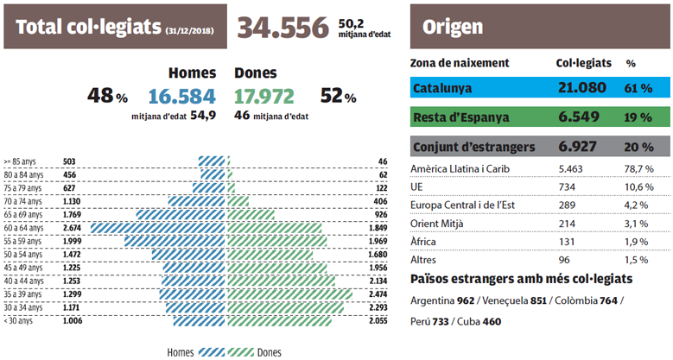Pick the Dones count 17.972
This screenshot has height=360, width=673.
coord(264,96)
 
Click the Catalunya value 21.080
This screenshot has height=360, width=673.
coord(584,89)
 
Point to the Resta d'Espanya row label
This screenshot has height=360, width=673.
coord(460,117)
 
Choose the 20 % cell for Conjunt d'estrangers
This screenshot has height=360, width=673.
coord(638,146)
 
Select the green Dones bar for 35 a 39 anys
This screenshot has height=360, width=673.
coord(290,294)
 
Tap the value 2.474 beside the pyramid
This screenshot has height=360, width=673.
coord(379,294)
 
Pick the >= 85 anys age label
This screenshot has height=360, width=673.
coord(21,161)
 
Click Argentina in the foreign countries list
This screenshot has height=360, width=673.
coord(433,299)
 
